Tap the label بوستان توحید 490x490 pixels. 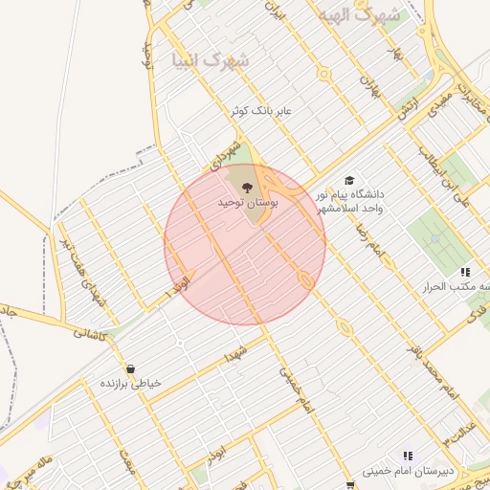[248, 203]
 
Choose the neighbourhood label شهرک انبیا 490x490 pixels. [210, 61]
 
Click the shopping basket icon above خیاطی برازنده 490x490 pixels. [130, 368]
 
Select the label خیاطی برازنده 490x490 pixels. [131, 383]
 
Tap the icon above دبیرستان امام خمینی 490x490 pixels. [407, 456]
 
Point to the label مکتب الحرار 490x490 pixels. [467, 287]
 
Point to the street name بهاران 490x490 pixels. [369, 92]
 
